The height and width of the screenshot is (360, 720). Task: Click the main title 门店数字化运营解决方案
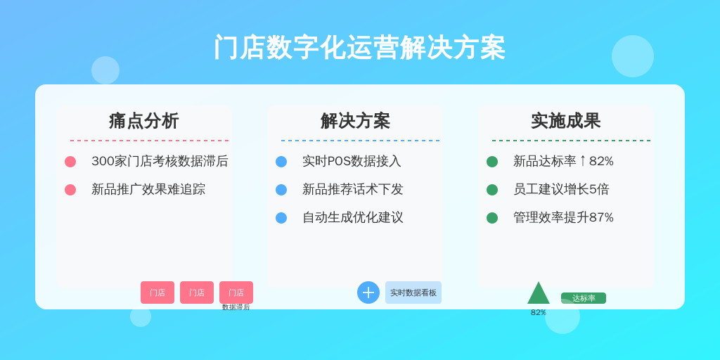tap(359, 47)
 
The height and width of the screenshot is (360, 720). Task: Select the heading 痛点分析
tap(143, 121)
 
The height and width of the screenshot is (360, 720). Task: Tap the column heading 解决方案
tap(355, 121)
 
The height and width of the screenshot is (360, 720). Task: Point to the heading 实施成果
tap(566, 121)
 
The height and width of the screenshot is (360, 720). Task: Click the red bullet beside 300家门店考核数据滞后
tap(70, 162)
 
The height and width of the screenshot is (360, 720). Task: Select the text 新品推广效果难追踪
tap(148, 189)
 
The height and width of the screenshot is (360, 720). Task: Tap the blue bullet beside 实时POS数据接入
tap(281, 162)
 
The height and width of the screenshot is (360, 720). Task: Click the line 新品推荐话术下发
tap(353, 189)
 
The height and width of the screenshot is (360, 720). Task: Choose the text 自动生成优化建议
tap(353, 217)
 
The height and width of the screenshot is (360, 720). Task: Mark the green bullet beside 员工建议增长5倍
tap(492, 190)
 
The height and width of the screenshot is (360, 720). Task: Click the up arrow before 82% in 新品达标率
tap(583, 161)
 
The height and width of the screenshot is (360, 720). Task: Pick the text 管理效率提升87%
tap(563, 217)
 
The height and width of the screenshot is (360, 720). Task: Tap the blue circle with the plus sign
tap(368, 292)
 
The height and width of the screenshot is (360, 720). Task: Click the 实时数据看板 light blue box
tap(413, 292)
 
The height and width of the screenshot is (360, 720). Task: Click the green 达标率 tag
tap(584, 298)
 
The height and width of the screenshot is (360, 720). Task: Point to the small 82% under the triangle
tap(539, 312)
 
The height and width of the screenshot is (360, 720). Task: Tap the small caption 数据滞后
tap(236, 307)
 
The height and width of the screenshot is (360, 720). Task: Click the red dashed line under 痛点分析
tap(149, 141)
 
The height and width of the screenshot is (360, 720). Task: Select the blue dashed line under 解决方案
tap(361, 141)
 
